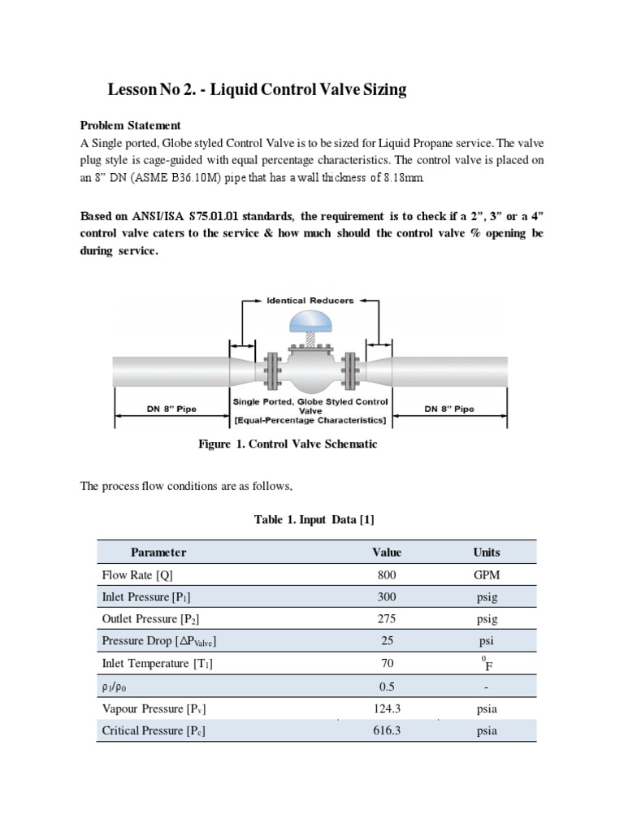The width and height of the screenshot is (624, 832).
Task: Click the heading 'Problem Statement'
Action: (x=130, y=125)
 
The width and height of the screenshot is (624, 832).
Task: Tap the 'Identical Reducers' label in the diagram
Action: (x=310, y=300)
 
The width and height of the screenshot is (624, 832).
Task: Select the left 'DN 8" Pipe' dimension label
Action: (x=171, y=409)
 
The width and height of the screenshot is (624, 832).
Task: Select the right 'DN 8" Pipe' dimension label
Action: (x=448, y=409)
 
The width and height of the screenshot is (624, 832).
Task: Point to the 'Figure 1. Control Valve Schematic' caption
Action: (x=288, y=444)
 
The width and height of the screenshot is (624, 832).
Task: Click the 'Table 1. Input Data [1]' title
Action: (x=315, y=519)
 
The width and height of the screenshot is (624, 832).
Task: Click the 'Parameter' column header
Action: (x=158, y=552)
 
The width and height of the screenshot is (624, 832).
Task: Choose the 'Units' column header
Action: (x=487, y=552)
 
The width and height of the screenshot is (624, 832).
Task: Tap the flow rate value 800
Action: (x=387, y=575)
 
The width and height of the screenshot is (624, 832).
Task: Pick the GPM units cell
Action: (x=487, y=575)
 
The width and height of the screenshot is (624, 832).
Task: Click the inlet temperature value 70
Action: (x=387, y=664)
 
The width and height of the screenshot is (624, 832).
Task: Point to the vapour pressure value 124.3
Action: (x=387, y=708)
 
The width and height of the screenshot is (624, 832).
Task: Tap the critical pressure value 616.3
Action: (x=387, y=730)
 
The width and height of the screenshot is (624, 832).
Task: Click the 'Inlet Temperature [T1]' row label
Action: (x=157, y=664)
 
